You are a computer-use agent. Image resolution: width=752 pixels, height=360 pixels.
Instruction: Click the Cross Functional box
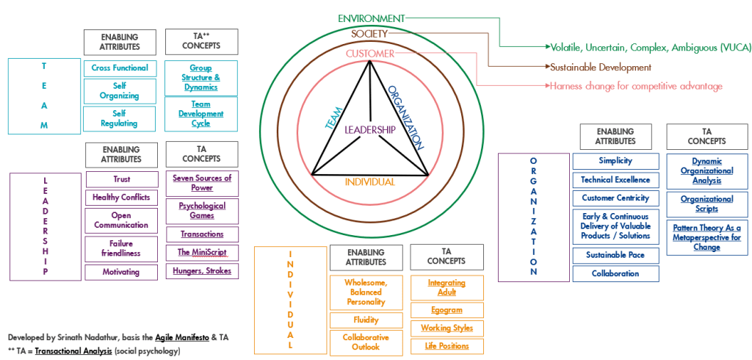(120, 68)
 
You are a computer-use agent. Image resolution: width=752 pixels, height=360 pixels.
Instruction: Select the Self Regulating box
(120, 118)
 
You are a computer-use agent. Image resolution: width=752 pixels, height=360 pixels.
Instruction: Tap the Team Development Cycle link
(201, 114)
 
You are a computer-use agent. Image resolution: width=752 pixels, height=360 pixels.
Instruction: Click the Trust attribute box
(121, 179)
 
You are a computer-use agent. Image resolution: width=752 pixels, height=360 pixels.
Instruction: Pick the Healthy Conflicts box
(121, 197)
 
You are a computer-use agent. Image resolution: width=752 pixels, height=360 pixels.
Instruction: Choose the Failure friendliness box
(121, 248)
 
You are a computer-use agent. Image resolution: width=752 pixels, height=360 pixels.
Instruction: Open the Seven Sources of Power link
(202, 182)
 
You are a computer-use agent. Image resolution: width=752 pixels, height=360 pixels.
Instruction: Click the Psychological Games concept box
(202, 211)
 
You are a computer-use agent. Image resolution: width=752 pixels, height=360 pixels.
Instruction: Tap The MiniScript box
(202, 252)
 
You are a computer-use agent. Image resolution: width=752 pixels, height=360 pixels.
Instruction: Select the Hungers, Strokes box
(202, 271)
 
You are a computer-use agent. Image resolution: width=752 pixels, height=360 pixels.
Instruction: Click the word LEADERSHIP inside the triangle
(369, 129)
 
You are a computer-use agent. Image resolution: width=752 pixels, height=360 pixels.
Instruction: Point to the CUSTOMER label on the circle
(369, 54)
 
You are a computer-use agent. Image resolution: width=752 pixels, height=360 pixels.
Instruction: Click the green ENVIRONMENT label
(371, 18)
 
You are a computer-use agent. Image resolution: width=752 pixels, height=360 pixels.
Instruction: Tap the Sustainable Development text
(601, 67)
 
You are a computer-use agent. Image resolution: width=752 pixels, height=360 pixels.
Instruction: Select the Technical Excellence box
(615, 179)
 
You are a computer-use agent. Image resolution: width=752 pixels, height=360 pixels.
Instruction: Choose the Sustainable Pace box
(615, 255)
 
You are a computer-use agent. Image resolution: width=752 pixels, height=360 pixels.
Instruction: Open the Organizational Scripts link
(706, 204)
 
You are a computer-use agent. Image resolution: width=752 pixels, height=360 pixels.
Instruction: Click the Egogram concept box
(446, 310)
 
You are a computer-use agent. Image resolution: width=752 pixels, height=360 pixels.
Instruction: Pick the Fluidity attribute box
(365, 320)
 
